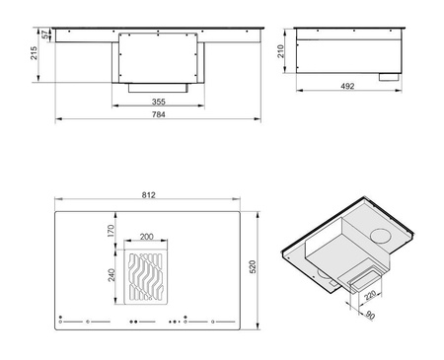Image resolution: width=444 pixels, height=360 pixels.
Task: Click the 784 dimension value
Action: click(x=158, y=114)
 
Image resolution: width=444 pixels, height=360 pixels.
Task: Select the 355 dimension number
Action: click(x=158, y=102)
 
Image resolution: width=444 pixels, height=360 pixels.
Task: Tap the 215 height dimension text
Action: click(x=34, y=53)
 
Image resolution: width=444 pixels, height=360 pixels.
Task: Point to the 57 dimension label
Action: click(x=45, y=35)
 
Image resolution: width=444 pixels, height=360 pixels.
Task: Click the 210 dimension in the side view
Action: click(x=280, y=51)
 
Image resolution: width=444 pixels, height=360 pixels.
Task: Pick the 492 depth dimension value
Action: click(x=347, y=86)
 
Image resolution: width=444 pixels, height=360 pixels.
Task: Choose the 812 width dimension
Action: click(x=149, y=195)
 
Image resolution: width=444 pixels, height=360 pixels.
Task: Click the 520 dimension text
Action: click(x=253, y=267)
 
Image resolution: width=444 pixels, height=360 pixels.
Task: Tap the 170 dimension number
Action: click(x=111, y=231)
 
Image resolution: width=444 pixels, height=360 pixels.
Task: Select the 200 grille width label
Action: click(x=147, y=237)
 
